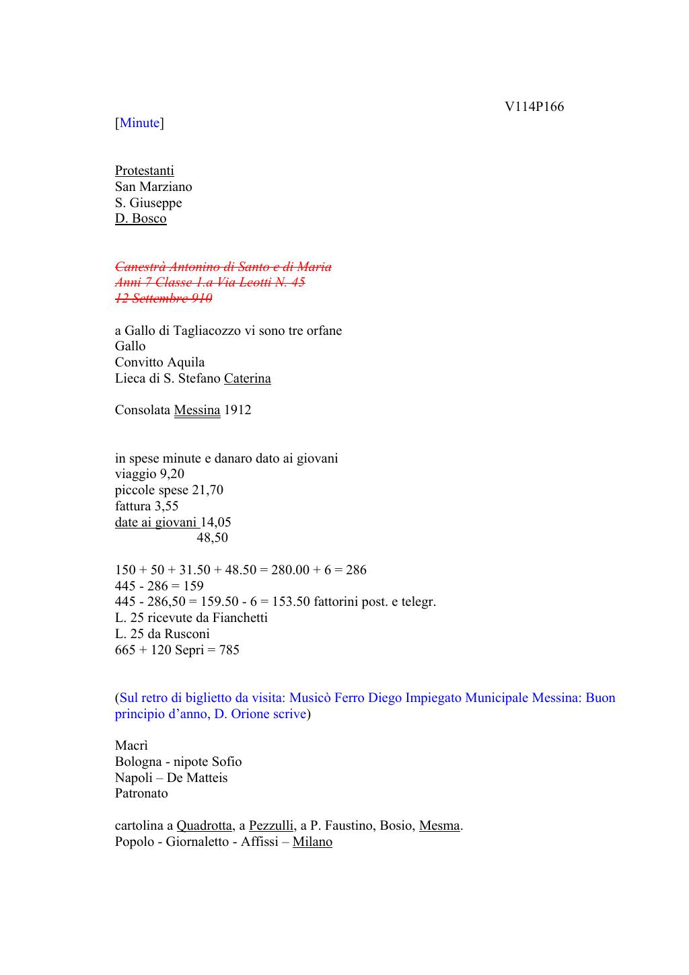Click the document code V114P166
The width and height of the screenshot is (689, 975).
[x=534, y=107]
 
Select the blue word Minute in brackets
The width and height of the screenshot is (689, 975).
[x=139, y=123]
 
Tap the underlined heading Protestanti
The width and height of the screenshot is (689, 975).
[x=144, y=171]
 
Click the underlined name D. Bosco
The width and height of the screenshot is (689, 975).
[x=140, y=219]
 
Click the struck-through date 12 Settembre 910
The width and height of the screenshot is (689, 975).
[x=163, y=299]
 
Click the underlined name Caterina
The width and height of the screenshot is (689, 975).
[x=247, y=379]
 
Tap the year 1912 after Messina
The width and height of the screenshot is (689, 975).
[x=238, y=410]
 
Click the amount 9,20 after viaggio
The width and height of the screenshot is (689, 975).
[x=172, y=474]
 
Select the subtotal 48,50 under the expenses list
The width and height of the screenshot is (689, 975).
[x=212, y=538]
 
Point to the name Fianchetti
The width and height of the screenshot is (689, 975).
[x=240, y=618]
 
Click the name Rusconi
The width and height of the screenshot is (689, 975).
[x=188, y=634]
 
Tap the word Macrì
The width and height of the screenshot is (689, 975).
[x=131, y=746]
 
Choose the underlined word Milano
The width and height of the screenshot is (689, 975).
[x=312, y=842]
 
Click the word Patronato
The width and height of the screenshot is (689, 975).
[x=141, y=793]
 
